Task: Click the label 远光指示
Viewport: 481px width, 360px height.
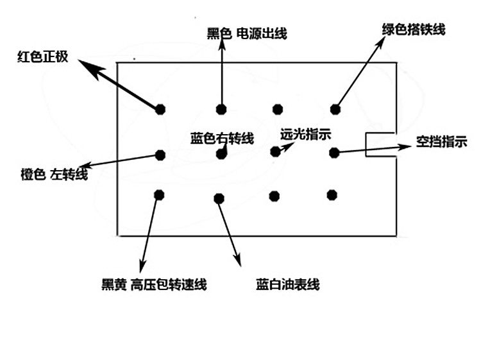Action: [306, 135]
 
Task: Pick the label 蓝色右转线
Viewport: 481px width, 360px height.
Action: [223, 138]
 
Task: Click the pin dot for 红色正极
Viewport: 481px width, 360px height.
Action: [160, 108]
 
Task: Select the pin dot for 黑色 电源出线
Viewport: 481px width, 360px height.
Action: [221, 108]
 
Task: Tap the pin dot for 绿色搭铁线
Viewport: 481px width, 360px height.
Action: [335, 108]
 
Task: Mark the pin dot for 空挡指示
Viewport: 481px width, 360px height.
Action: [334, 152]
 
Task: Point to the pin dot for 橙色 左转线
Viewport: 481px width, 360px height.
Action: [160, 155]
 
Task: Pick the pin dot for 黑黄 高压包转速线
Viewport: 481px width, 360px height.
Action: [158, 194]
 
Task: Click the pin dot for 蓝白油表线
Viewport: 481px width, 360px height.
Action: [219, 198]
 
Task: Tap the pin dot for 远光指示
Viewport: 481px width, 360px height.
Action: [275, 151]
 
